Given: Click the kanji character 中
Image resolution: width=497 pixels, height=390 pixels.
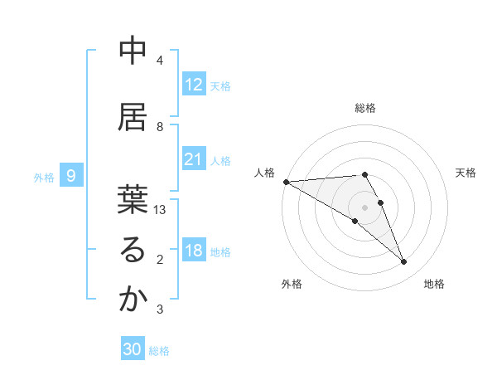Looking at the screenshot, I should [132, 51].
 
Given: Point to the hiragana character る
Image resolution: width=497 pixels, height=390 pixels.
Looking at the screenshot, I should [132, 251].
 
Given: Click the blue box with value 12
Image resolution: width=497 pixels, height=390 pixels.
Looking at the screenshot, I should [194, 85].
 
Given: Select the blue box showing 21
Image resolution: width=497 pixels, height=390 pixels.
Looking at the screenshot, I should [194, 159].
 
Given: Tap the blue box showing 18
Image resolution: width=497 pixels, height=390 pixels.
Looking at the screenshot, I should [194, 251].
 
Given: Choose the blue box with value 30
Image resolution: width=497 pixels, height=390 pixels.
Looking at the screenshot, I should [133, 349].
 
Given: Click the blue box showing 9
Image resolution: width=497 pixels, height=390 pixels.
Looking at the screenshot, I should [72, 176].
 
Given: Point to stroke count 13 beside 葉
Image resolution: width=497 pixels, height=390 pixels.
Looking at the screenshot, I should [160, 210].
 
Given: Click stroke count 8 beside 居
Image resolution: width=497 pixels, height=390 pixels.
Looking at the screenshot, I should [160, 126].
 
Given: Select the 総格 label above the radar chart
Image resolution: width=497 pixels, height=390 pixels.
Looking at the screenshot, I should [365, 108].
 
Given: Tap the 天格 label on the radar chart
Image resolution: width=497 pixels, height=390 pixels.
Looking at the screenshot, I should [466, 172].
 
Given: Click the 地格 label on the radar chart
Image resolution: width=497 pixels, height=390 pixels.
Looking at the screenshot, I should [434, 284].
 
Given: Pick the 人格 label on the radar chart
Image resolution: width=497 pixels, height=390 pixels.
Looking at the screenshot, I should [264, 172].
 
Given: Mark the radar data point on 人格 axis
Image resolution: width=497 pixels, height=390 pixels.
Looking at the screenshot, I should [286, 182].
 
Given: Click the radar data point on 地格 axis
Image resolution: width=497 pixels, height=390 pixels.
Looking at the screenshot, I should [403, 262].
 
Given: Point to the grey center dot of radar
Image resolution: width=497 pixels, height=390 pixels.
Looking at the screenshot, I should [365, 207].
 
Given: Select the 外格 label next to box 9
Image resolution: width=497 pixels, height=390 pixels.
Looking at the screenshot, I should [44, 177].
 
